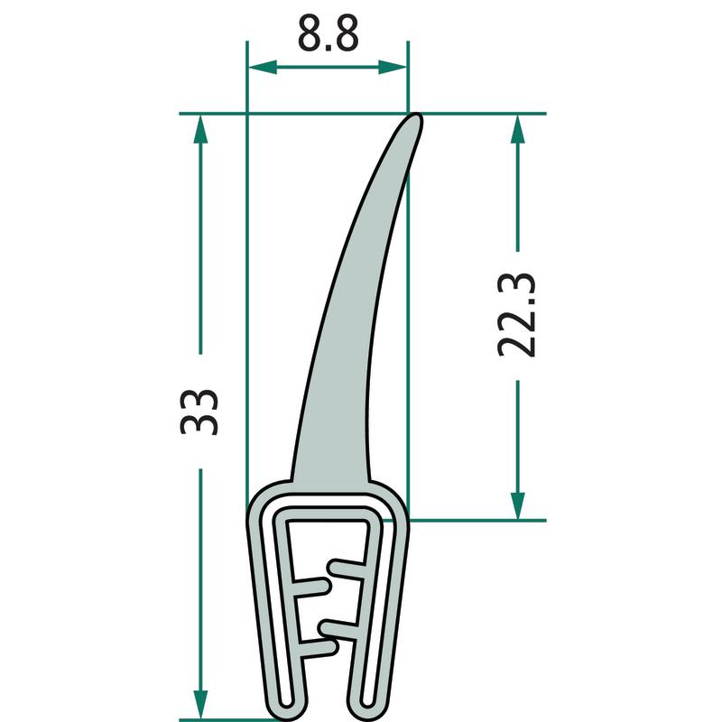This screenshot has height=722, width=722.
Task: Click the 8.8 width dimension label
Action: pyautogui.click(x=328, y=33)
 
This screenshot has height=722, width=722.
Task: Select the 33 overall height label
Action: pyautogui.click(x=199, y=412)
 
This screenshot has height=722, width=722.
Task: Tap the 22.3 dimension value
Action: pyautogui.click(x=516, y=315)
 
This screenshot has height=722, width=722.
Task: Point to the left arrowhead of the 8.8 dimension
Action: pyautogui.click(x=263, y=67)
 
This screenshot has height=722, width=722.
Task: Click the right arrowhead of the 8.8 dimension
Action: pyautogui.click(x=393, y=67)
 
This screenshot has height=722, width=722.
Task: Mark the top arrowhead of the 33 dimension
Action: pyautogui.click(x=200, y=129)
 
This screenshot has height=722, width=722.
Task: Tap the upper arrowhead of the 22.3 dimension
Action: pyautogui.click(x=518, y=129)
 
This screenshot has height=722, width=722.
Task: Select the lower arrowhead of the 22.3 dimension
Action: pyautogui.click(x=518, y=505)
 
